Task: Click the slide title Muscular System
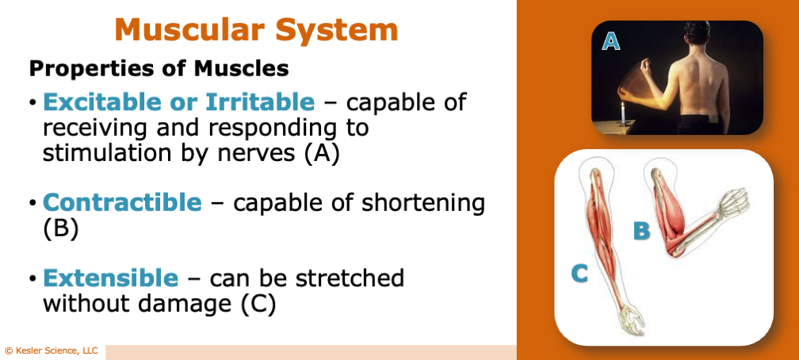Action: [256, 30]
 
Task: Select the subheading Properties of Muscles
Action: [159, 69]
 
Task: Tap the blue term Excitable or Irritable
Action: [178, 102]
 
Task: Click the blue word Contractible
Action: [122, 202]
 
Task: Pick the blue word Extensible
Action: [110, 278]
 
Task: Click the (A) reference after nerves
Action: [322, 153]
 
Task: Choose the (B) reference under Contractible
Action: [60, 228]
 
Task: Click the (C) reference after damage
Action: [258, 304]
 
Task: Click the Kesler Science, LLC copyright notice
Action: [52, 350]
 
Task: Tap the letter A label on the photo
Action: [610, 40]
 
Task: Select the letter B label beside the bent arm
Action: [642, 231]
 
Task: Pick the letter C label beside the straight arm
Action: [580, 274]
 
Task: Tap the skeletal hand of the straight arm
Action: [632, 320]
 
